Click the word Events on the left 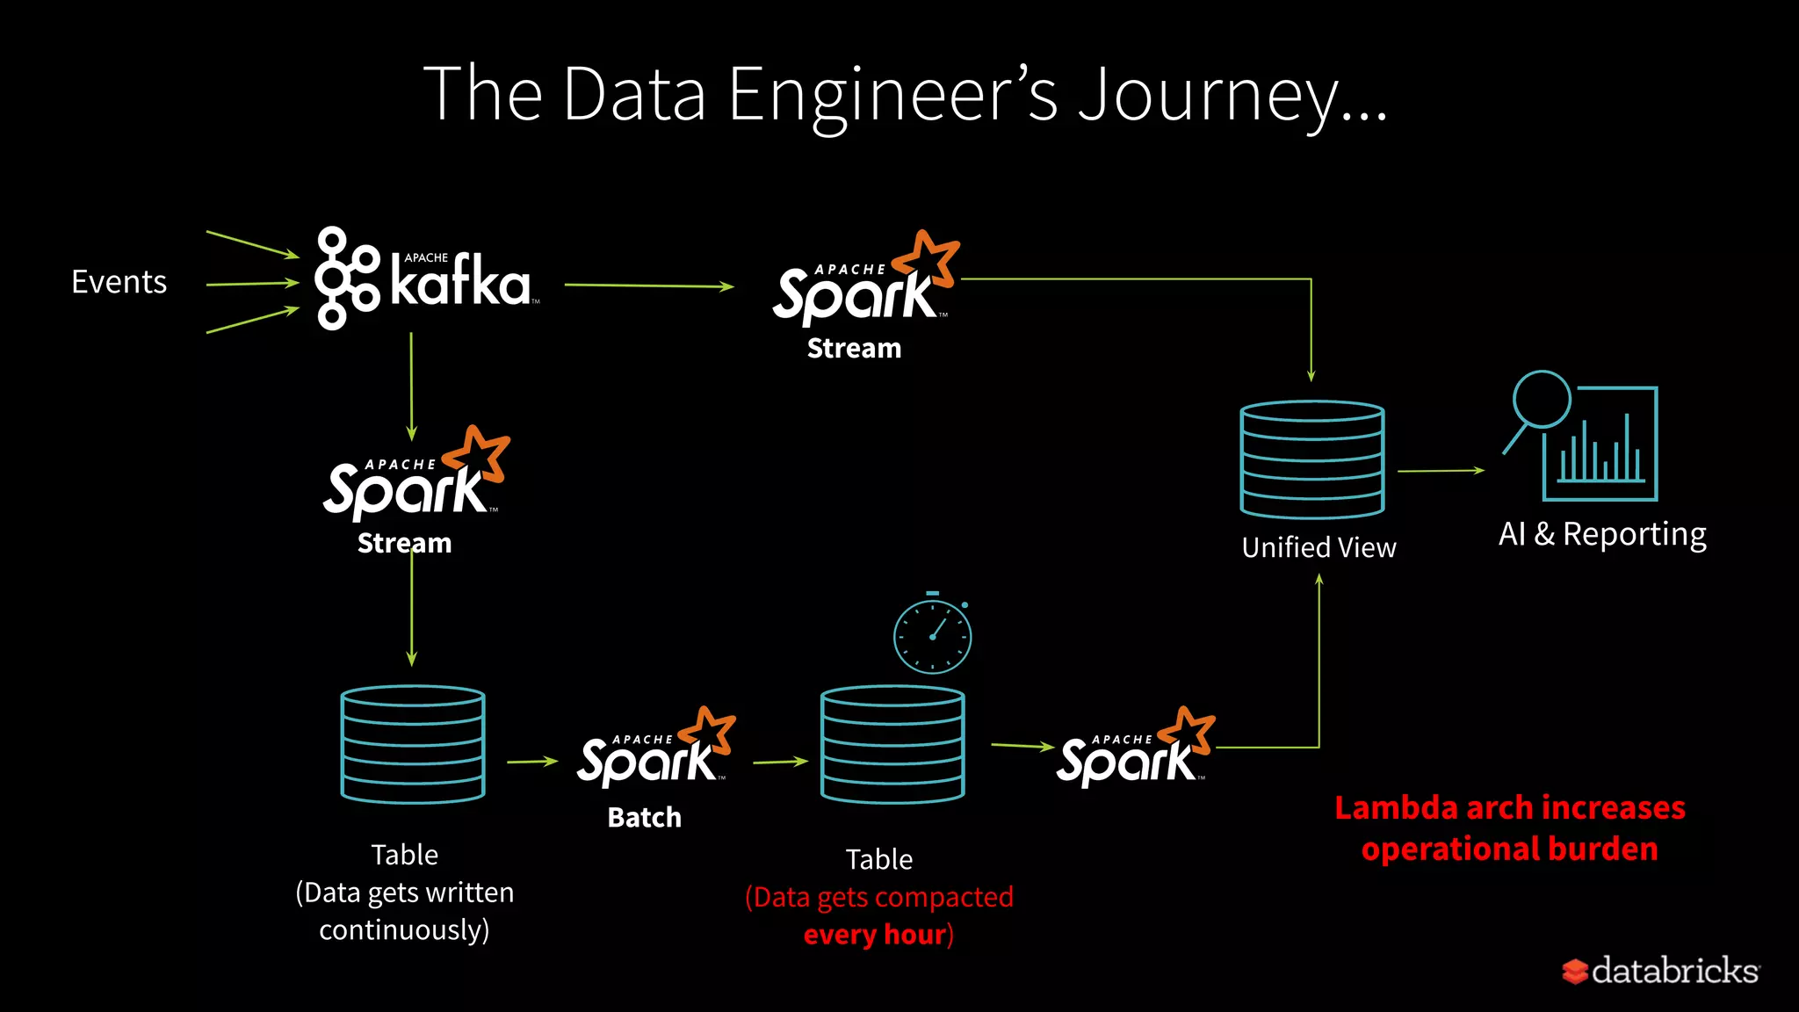point(119,282)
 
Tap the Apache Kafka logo point(425,279)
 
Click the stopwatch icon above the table point(932,635)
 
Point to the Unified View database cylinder point(1311,459)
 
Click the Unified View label point(1319,547)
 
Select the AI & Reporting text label point(1602,534)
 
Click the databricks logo point(1659,971)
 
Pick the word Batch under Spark point(644,818)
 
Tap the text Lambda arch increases point(1509,807)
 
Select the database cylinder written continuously point(412,745)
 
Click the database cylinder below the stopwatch point(892,745)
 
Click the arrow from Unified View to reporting point(1441,471)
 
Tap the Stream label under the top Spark point(854,349)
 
